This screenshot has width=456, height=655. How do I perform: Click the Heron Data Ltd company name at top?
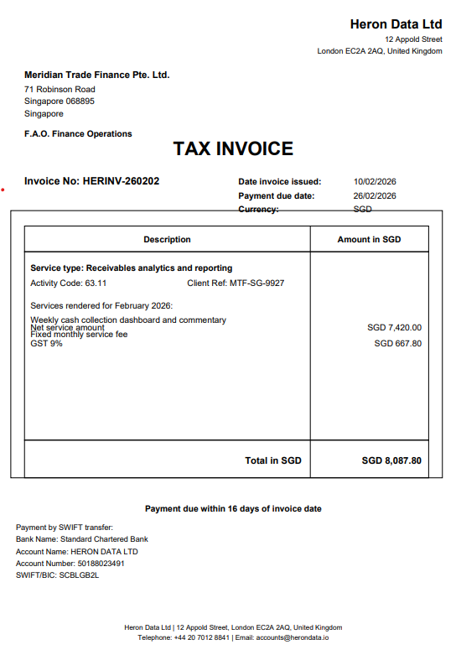coord(396,24)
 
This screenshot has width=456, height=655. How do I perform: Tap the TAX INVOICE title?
coord(233,149)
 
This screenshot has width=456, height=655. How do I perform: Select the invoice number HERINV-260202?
coord(92,181)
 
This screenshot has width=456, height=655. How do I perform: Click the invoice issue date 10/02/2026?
coord(376,181)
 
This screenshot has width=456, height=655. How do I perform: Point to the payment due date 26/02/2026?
coord(376,195)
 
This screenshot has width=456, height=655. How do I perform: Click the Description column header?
coord(167,240)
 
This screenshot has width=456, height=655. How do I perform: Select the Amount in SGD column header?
coord(369,240)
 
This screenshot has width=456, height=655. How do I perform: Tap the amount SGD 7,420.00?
coord(394,328)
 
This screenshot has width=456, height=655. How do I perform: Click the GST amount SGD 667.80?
coord(397,343)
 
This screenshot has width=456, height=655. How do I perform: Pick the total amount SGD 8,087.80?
coord(391,460)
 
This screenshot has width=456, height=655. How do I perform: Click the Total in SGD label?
coord(272,460)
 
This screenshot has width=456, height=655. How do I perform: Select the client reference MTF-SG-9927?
coord(256,283)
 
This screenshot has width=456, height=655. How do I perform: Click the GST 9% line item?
coord(46,343)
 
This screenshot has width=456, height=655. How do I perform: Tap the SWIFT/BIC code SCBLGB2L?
coord(80,575)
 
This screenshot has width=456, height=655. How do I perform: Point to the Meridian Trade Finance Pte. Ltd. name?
coord(97,75)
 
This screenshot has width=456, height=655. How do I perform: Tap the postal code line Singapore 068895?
coord(60,101)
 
